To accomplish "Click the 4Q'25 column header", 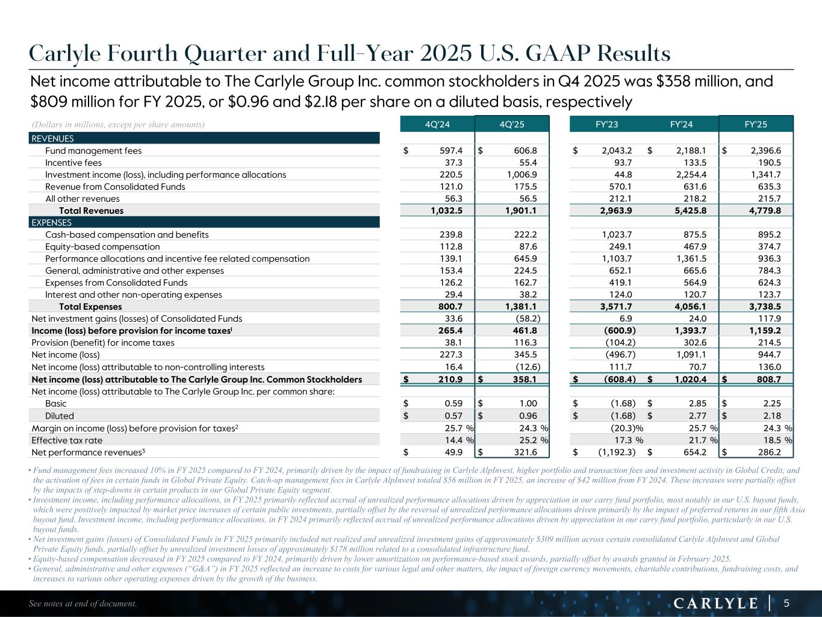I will pos(512,125).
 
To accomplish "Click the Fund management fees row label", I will pos(93,151).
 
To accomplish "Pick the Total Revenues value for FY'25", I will pos(764,210).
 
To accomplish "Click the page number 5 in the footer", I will pos(786,603).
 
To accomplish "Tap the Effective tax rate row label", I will pos(67,440).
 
